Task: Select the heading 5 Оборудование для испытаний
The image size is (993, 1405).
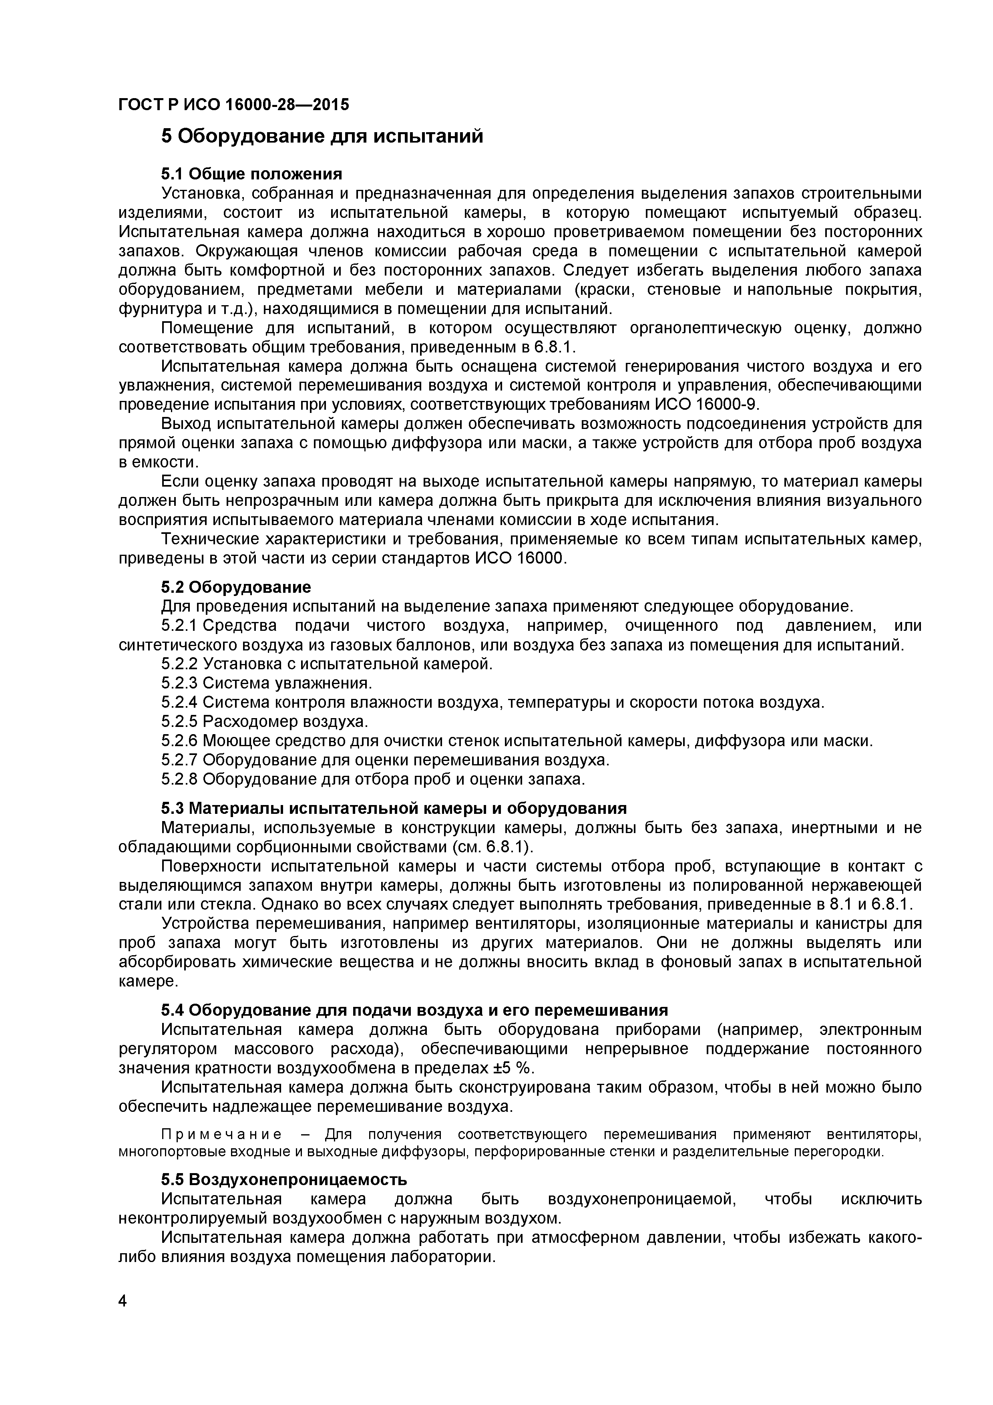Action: point(322,136)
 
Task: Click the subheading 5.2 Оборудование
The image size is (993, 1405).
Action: point(235,588)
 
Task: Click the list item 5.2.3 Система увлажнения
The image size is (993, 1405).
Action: point(267,683)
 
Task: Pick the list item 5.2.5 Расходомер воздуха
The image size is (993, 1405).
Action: point(264,721)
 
